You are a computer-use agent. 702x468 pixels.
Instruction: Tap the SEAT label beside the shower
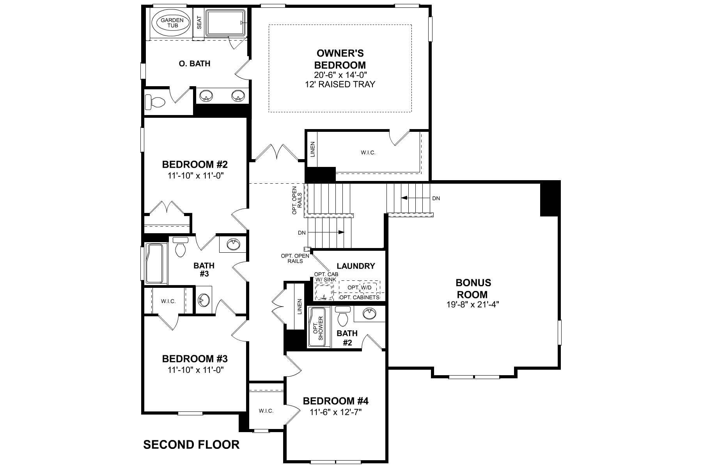coord(199,23)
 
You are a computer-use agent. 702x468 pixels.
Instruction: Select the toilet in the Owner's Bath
coord(155,102)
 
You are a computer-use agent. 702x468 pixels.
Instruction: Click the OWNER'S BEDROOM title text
coord(340,59)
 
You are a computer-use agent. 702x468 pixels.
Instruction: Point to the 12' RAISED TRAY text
coord(340,84)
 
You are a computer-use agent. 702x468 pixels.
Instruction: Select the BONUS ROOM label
coord(473,289)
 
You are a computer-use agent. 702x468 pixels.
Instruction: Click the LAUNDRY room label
coord(356,266)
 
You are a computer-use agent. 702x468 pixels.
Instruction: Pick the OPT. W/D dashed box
coord(359,287)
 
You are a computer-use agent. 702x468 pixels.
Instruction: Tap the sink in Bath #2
coord(369,313)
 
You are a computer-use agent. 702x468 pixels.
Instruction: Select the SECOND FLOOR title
coord(191,444)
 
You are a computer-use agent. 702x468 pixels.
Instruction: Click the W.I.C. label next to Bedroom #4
coord(266,411)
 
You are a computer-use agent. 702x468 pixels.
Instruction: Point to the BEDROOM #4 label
coord(335,401)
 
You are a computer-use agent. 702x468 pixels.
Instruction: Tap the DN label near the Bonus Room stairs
coord(436,198)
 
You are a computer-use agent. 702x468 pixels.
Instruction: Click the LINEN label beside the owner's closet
coord(312,149)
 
